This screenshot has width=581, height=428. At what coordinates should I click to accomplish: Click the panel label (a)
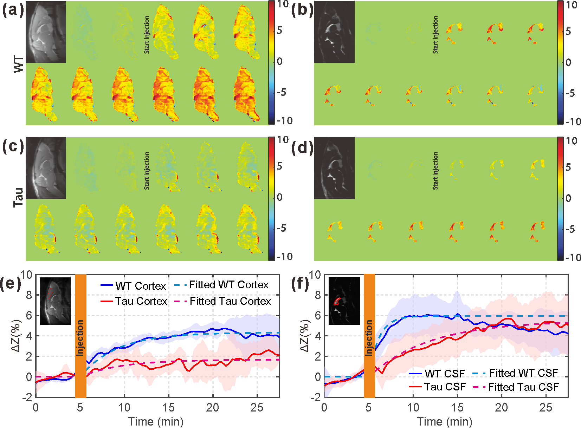[13, 11]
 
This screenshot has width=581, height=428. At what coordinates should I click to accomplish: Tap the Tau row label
[19, 197]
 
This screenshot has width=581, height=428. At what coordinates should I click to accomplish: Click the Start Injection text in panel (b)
[435, 34]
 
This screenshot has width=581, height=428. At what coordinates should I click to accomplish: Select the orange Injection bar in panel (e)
[80, 336]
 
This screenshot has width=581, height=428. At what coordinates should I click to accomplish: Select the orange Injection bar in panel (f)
[369, 336]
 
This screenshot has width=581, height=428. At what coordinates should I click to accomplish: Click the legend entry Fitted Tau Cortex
[230, 301]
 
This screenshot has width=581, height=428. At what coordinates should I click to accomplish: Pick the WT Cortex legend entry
[140, 286]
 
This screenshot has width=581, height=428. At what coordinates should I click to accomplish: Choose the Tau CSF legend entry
[445, 387]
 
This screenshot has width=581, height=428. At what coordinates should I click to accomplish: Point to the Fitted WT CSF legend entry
[523, 373]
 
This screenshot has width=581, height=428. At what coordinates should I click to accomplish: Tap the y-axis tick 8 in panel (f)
[318, 295]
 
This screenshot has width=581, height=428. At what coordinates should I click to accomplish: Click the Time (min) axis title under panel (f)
[444, 421]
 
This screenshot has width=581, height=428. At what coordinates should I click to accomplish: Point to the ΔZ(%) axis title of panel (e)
[16, 335]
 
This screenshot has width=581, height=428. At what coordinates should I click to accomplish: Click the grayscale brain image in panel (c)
[46, 168]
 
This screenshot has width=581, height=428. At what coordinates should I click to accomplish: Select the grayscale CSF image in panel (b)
[334, 32]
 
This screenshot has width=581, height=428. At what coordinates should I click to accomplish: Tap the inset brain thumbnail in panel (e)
[55, 301]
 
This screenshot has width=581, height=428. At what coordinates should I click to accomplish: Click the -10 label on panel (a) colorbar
[284, 121]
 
